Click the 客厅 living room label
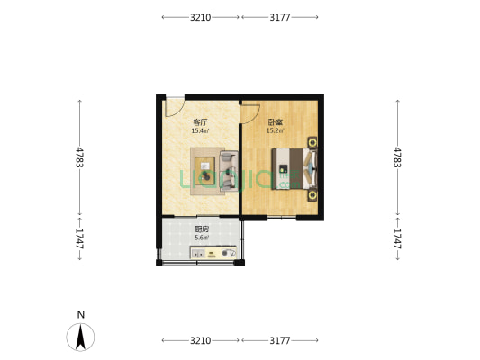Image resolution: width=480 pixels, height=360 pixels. pyautogui.click(x=200, y=121)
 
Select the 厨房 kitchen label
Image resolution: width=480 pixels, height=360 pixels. pyautogui.click(x=201, y=229)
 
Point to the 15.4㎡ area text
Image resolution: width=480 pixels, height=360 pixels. pyautogui.click(x=200, y=131)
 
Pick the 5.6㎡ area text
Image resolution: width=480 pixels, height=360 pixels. pyautogui.click(x=201, y=238)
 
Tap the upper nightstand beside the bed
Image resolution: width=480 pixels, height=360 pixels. pyautogui.click(x=312, y=141)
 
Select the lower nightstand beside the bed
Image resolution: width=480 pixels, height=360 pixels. pyautogui.click(x=312, y=193)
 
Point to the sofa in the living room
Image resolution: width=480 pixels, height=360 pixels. pyautogui.click(x=229, y=171)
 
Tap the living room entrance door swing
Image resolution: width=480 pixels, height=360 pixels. pyautogui.click(x=174, y=106)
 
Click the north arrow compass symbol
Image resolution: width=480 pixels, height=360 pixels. pyautogui.click(x=81, y=337)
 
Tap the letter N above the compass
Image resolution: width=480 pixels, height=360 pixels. pyautogui.click(x=81, y=314)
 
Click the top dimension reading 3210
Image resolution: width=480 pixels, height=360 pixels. pyautogui.click(x=200, y=17)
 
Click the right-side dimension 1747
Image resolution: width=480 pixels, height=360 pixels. pyautogui.click(x=397, y=238)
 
